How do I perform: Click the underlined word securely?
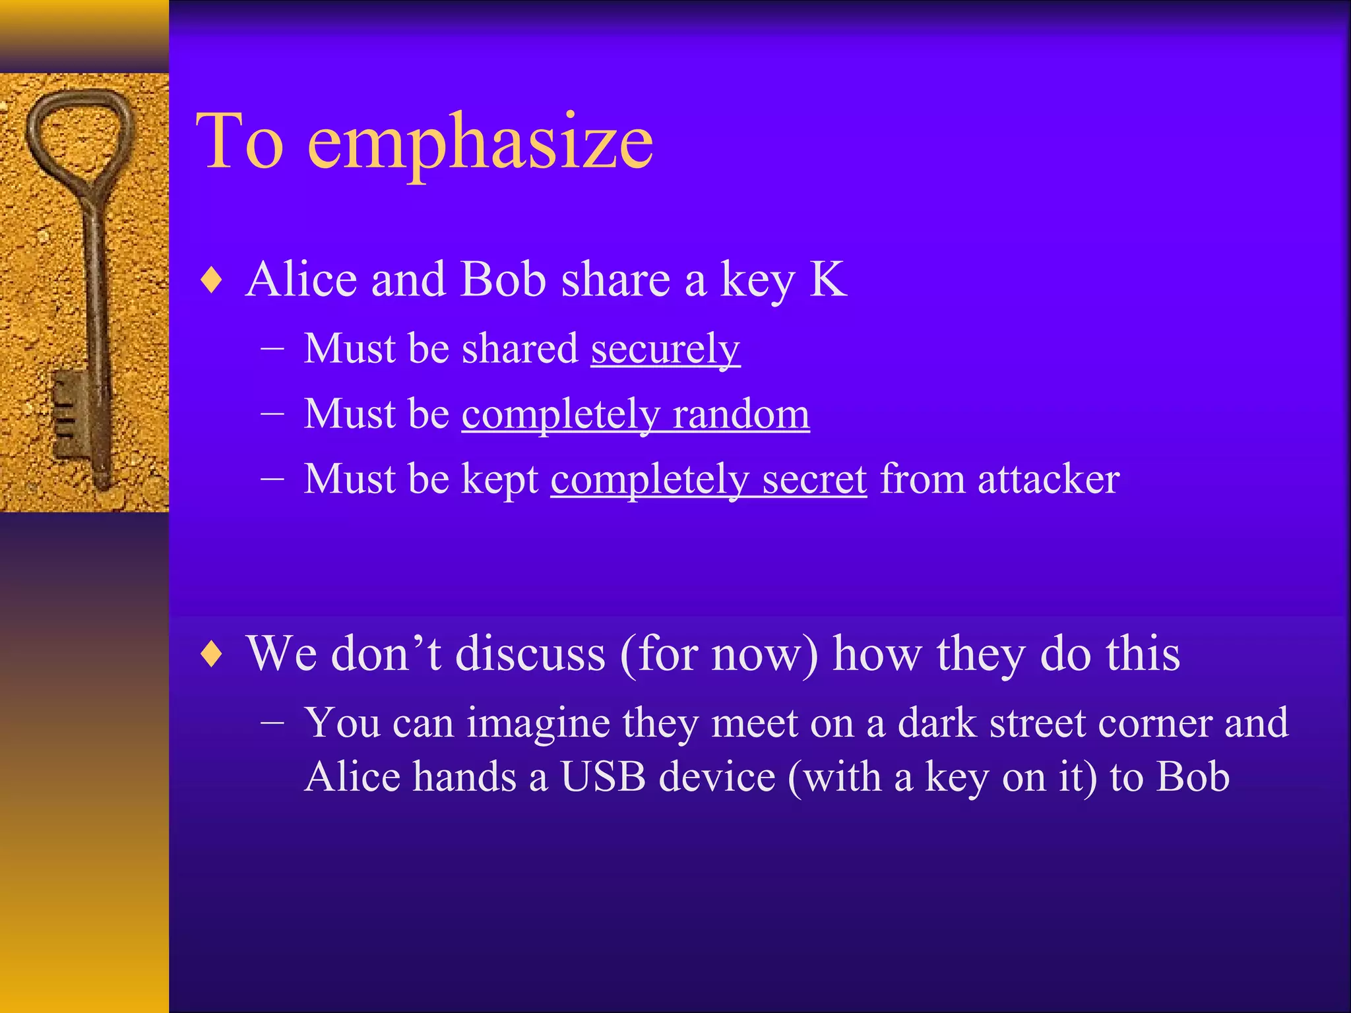click(665, 350)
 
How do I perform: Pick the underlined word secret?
click(814, 479)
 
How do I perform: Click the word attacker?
click(1048, 479)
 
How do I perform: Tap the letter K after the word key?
click(828, 280)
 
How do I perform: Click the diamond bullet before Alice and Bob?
click(212, 280)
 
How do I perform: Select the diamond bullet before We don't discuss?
click(212, 654)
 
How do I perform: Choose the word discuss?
click(530, 654)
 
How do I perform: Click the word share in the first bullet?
click(615, 280)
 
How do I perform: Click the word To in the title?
click(240, 142)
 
